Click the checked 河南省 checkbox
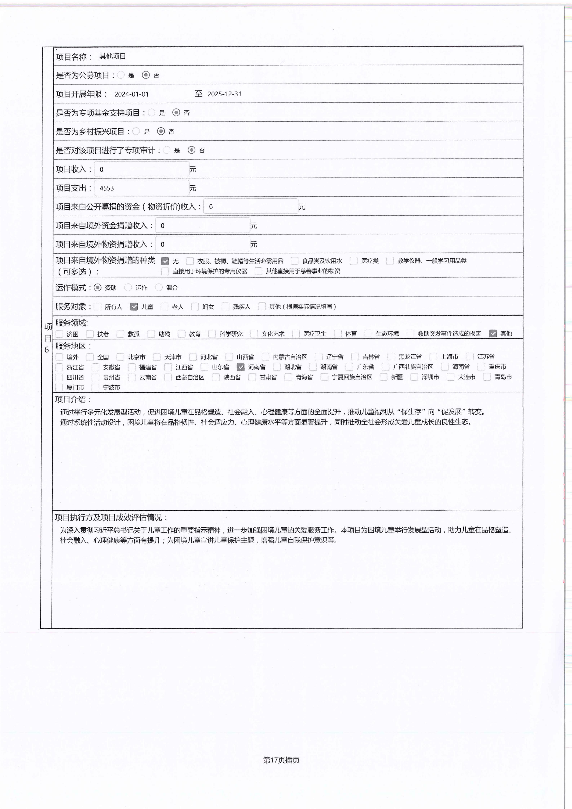pyautogui.click(x=241, y=367)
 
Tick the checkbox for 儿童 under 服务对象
pyautogui.click(x=134, y=306)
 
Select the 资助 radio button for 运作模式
pyautogui.click(x=98, y=288)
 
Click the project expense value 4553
pyautogui.click(x=107, y=188)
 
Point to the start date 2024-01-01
pyautogui.click(x=131, y=94)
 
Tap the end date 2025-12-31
pyautogui.click(x=224, y=94)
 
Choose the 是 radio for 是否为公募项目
pyautogui.click(x=121, y=75)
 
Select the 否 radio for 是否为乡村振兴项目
pyautogui.click(x=161, y=131)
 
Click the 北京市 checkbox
pyautogui.click(x=121, y=357)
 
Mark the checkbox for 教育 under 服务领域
pyautogui.click(x=182, y=334)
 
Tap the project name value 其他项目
pyautogui.click(x=112, y=56)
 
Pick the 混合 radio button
pyautogui.click(x=159, y=288)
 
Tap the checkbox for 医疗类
pyautogui.click(x=354, y=261)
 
